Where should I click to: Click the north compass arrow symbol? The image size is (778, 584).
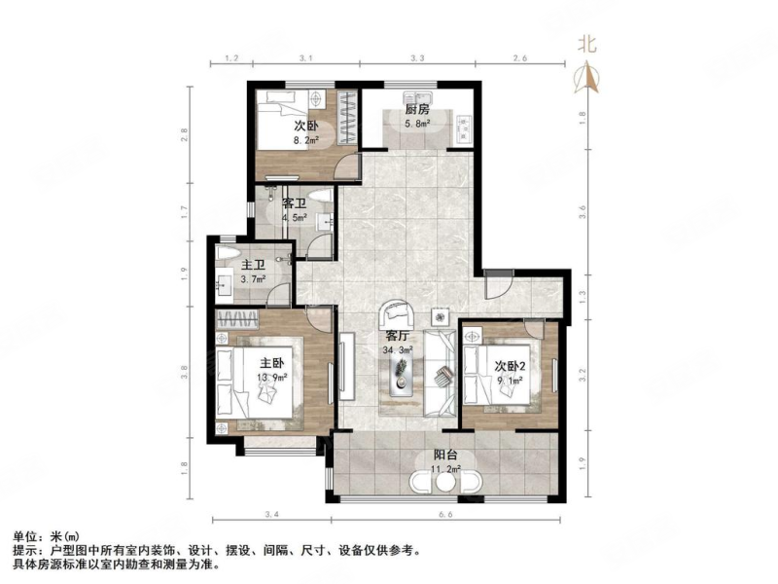(x=586, y=77)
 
